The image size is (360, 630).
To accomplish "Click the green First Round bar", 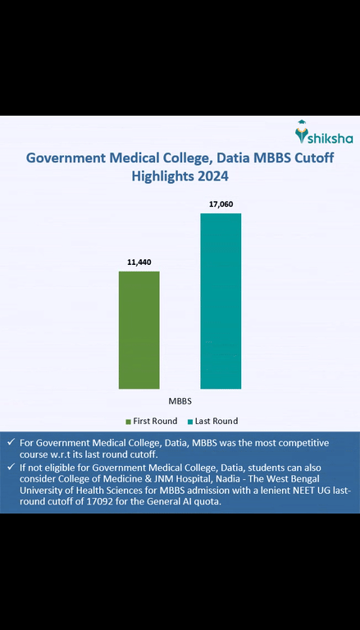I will pyautogui.click(x=139, y=329).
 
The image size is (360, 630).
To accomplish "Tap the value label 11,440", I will pyautogui.click(x=139, y=262).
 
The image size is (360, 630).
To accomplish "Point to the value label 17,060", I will pyautogui.click(x=221, y=203).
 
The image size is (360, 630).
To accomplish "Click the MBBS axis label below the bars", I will pyautogui.click(x=180, y=402).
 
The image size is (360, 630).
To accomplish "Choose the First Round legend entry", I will pyautogui.click(x=151, y=421).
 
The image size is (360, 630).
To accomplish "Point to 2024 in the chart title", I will pyautogui.click(x=212, y=176).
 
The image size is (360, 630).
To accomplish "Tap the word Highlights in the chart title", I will pyautogui.click(x=162, y=176).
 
